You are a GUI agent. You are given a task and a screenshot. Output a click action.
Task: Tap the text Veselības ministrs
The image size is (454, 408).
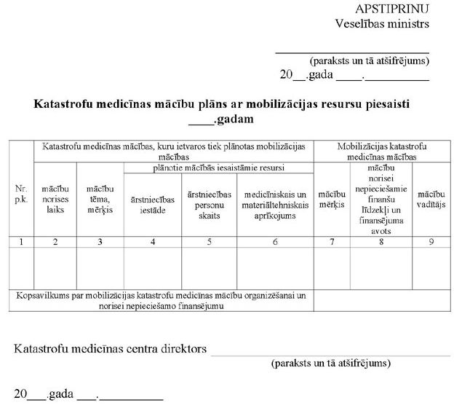coord(382,23)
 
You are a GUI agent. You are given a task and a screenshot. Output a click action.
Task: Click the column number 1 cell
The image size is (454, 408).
coord(21,241)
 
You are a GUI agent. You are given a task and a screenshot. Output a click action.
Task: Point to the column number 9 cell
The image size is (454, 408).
coord(431,241)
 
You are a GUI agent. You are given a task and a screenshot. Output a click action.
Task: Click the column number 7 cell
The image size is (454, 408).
coord(332,241)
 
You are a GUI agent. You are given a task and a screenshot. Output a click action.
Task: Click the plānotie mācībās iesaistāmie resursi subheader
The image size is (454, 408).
coord(219,167)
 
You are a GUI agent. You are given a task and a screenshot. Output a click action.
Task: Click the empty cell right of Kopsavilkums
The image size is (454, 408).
coord(381,301)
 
